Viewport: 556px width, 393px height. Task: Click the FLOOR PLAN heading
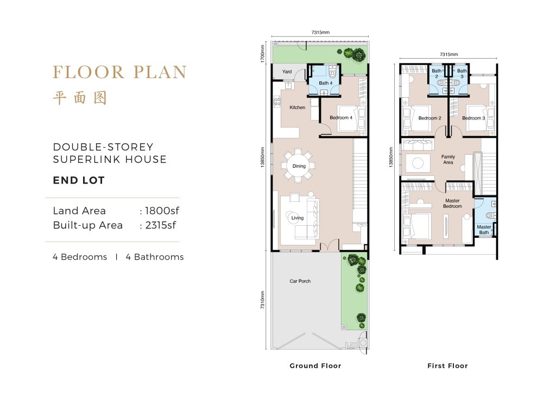pos(120,72)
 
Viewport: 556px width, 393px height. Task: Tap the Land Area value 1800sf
pos(162,211)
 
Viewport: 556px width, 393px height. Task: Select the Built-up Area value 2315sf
pos(161,225)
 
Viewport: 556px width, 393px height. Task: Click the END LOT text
pos(79,180)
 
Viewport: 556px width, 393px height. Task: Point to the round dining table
pos(299,166)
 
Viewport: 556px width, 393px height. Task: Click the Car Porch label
pos(300,281)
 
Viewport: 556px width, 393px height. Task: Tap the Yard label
pos(287,72)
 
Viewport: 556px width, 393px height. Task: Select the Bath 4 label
pos(326,83)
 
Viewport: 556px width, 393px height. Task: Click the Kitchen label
pos(297,107)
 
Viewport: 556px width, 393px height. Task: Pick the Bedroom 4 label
pos(341,118)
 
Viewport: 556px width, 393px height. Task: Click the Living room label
pos(298,218)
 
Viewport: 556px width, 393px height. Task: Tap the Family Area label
pos(448,160)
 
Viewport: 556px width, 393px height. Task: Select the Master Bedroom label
pos(452,204)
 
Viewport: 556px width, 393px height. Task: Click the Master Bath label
pos(484,230)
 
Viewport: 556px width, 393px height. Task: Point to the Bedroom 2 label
pos(430,118)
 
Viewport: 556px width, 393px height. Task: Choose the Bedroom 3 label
pos(473,118)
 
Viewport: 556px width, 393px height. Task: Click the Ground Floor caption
pos(315,366)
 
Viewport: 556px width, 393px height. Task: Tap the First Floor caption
pos(447,366)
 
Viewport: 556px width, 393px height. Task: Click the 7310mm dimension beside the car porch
pos(263,300)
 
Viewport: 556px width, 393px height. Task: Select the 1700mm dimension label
pos(263,54)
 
